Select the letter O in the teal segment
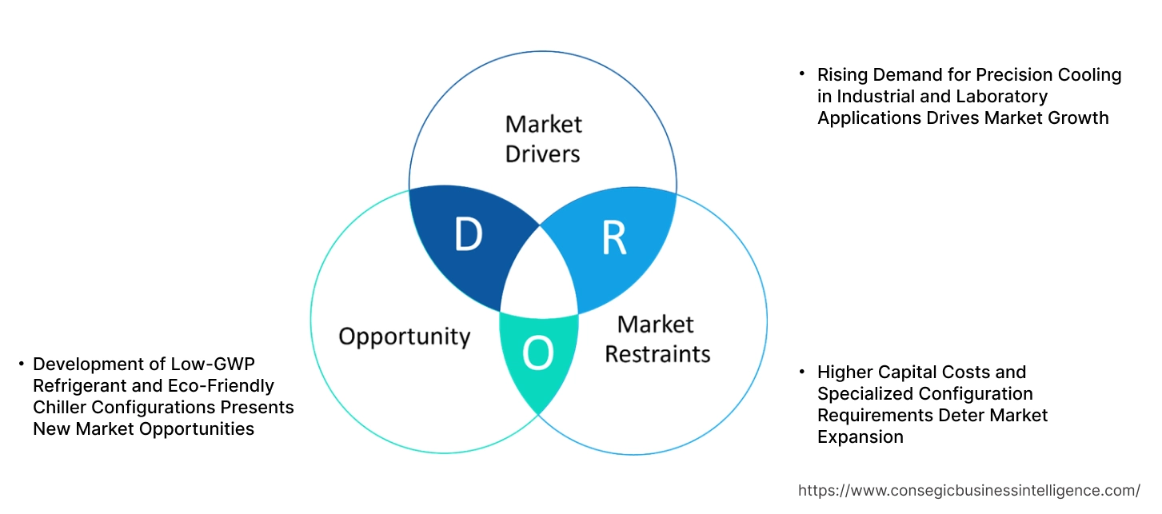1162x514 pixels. (537, 355)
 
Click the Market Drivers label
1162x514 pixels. (543, 139)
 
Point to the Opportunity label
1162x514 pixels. (404, 336)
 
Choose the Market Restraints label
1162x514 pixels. (657, 339)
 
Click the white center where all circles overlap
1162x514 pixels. (540, 280)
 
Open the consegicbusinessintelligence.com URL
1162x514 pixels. (968, 490)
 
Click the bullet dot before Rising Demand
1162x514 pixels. (801, 74)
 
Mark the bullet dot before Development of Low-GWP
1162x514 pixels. (21, 364)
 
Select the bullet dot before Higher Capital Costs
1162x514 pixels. (801, 372)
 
